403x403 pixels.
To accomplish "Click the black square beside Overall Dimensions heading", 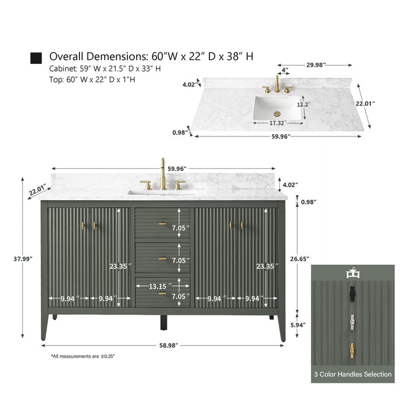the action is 36,58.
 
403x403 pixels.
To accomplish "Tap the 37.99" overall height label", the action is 23,259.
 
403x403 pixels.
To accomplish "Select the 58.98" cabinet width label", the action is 169,345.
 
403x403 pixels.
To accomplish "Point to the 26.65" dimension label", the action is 299,259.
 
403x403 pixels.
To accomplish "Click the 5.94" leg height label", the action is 298,325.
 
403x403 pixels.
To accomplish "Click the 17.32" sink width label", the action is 277,123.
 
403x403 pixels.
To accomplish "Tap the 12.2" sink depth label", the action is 303,105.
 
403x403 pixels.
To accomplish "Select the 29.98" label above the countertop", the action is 316,64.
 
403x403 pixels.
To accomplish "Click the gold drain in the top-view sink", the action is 277,113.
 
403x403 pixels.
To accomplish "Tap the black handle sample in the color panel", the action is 352,294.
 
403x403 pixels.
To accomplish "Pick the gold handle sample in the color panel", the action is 352,351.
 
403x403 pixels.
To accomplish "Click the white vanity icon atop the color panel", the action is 352,273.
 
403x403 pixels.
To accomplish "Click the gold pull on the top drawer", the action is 162,224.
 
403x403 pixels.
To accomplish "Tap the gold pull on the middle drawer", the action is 162,258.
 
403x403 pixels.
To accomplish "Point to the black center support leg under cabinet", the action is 164,322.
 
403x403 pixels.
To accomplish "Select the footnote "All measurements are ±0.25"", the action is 83,356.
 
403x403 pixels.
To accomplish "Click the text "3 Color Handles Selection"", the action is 352,374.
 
